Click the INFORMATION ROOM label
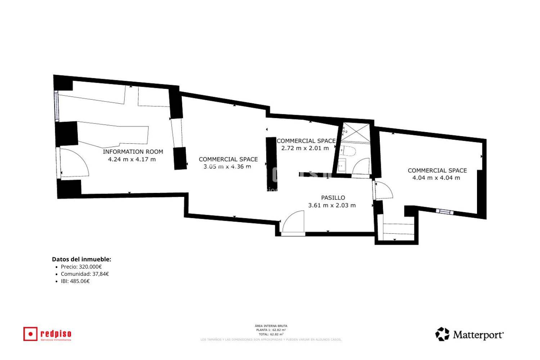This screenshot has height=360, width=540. [x=133, y=152]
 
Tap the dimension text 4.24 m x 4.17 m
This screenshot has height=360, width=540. [x=132, y=159]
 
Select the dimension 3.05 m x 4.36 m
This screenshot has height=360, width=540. [x=227, y=166]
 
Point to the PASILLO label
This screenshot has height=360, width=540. [x=333, y=198]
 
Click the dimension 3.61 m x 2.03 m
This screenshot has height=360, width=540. [x=332, y=205]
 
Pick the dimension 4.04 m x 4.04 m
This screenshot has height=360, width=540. [x=436, y=177]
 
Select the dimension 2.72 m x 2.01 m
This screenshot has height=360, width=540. [x=305, y=148]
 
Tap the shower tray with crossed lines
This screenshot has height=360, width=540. [x=355, y=132]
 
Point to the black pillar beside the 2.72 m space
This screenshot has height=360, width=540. [x=271, y=163]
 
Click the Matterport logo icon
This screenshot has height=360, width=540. [x=442, y=334]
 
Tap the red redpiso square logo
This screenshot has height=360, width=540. [x=30, y=334]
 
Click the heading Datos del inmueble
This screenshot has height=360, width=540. [x=81, y=259]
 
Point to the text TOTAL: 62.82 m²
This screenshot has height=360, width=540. [x=271, y=334]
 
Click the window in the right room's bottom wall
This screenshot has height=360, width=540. [x=445, y=212]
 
